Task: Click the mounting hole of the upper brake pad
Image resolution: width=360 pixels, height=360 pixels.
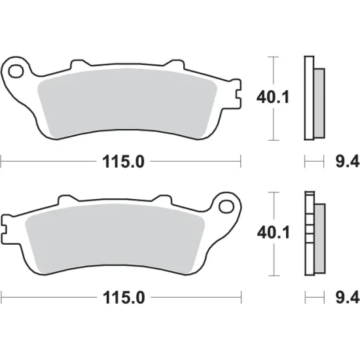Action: (x=17, y=69)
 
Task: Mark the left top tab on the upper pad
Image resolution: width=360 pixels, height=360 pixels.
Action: (x=77, y=64)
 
